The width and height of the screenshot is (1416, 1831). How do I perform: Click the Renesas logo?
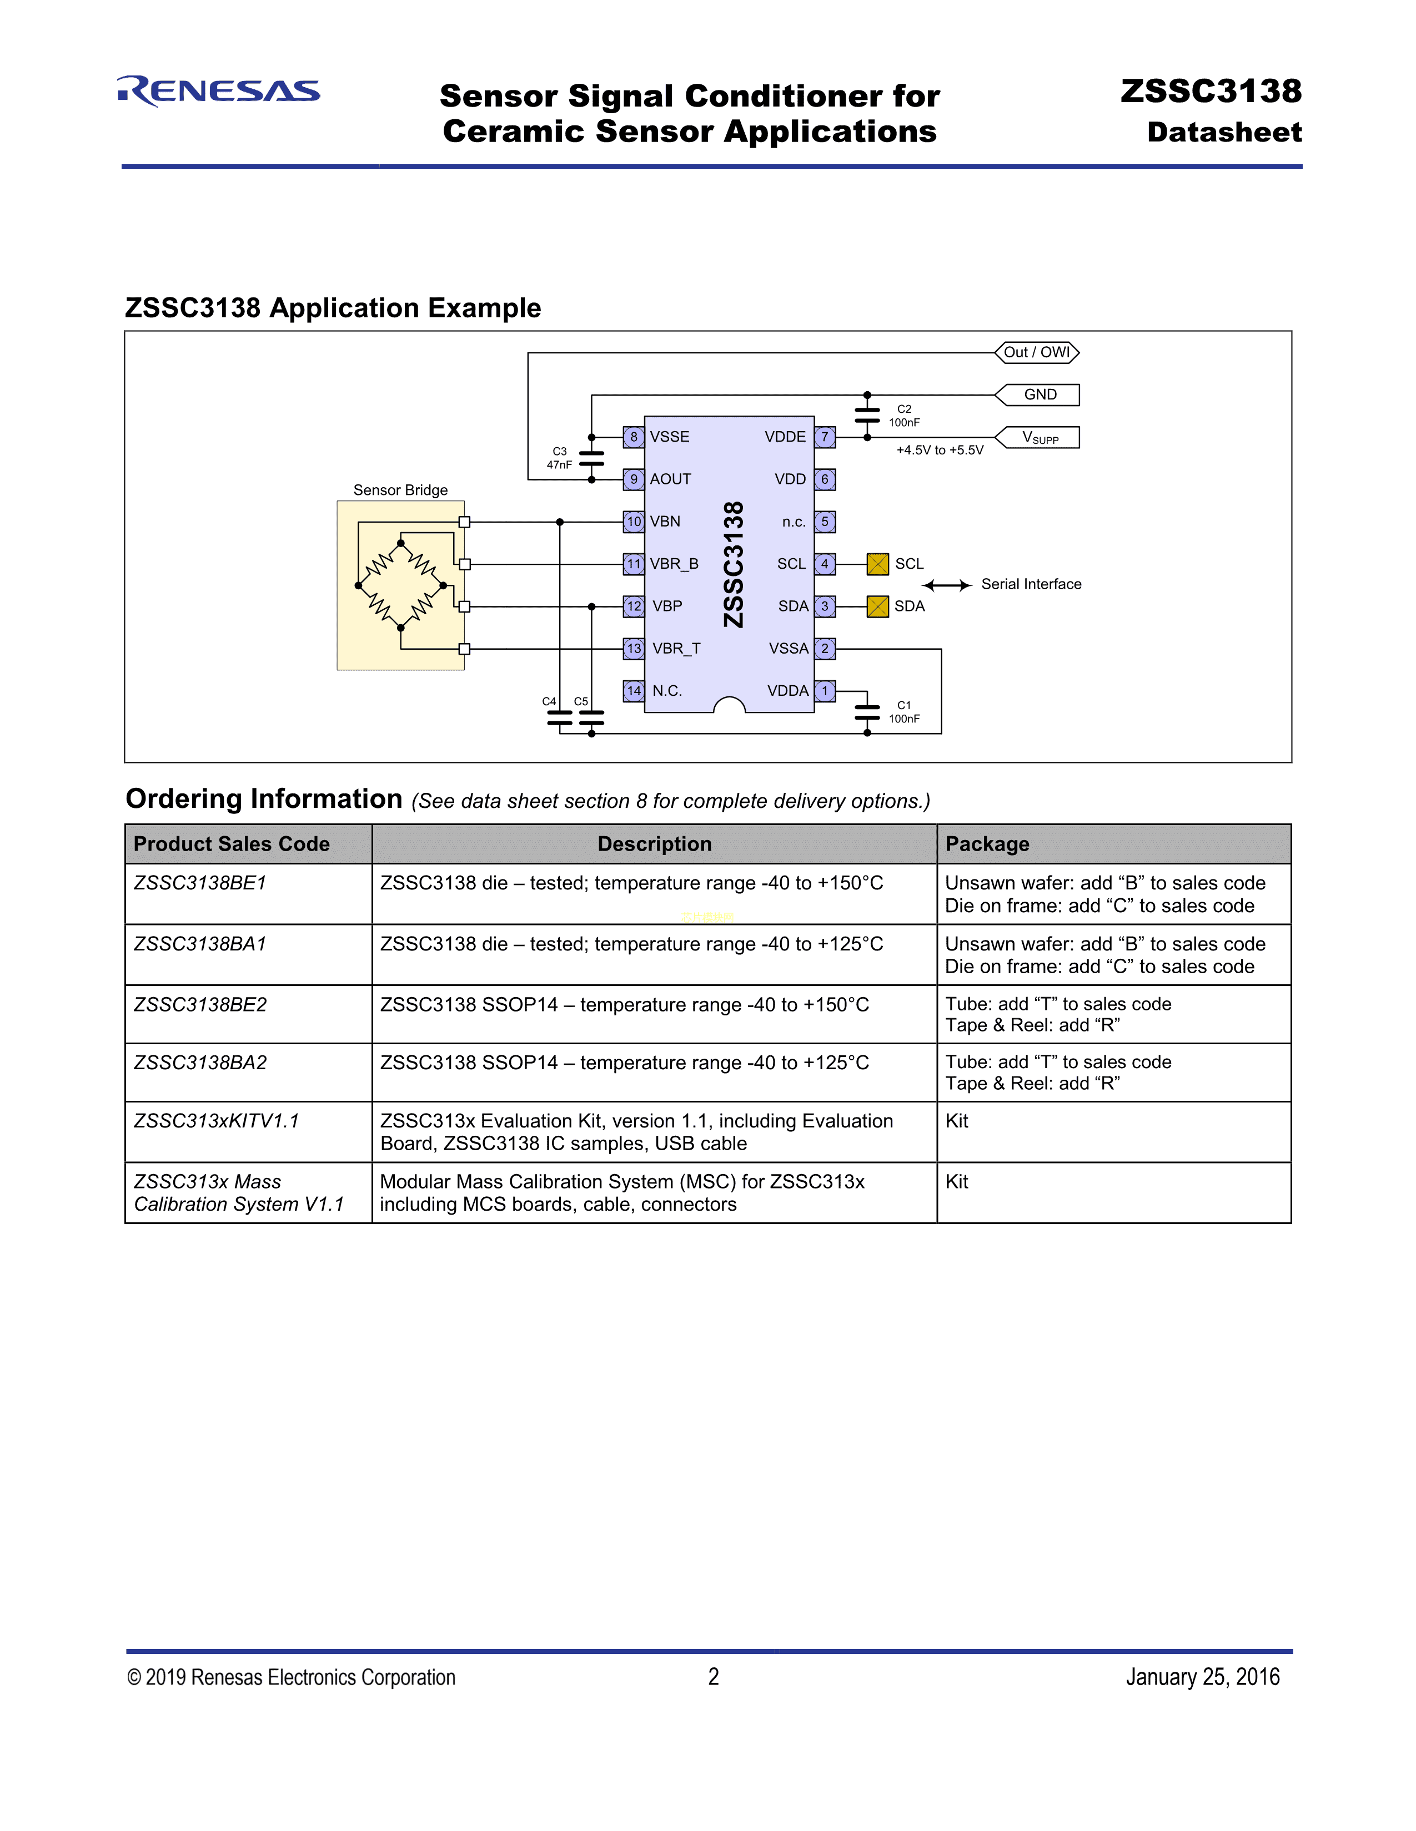[x=219, y=90]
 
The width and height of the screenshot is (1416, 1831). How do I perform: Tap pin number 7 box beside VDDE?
[x=825, y=437]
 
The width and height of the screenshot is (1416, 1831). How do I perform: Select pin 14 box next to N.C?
[x=634, y=691]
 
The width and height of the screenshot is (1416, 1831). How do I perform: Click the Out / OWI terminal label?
[x=1037, y=352]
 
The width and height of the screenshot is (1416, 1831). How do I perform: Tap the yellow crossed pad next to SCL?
[x=877, y=564]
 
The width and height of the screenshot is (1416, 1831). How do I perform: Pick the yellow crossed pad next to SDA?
[x=877, y=606]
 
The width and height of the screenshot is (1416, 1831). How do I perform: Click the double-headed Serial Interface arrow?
[x=946, y=585]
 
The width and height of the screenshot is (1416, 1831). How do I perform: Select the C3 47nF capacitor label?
[x=560, y=458]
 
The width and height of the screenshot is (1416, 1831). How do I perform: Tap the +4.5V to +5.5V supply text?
[x=940, y=450]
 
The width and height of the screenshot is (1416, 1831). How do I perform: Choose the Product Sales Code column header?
[x=232, y=844]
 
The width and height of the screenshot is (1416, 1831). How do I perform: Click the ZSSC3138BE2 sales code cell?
[x=200, y=1004]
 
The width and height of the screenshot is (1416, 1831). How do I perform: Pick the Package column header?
[x=987, y=844]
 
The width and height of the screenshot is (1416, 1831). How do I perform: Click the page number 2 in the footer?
[x=713, y=1677]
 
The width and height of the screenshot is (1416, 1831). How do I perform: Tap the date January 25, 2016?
[x=1202, y=1677]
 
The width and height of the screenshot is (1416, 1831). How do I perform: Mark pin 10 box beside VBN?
[x=634, y=522]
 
